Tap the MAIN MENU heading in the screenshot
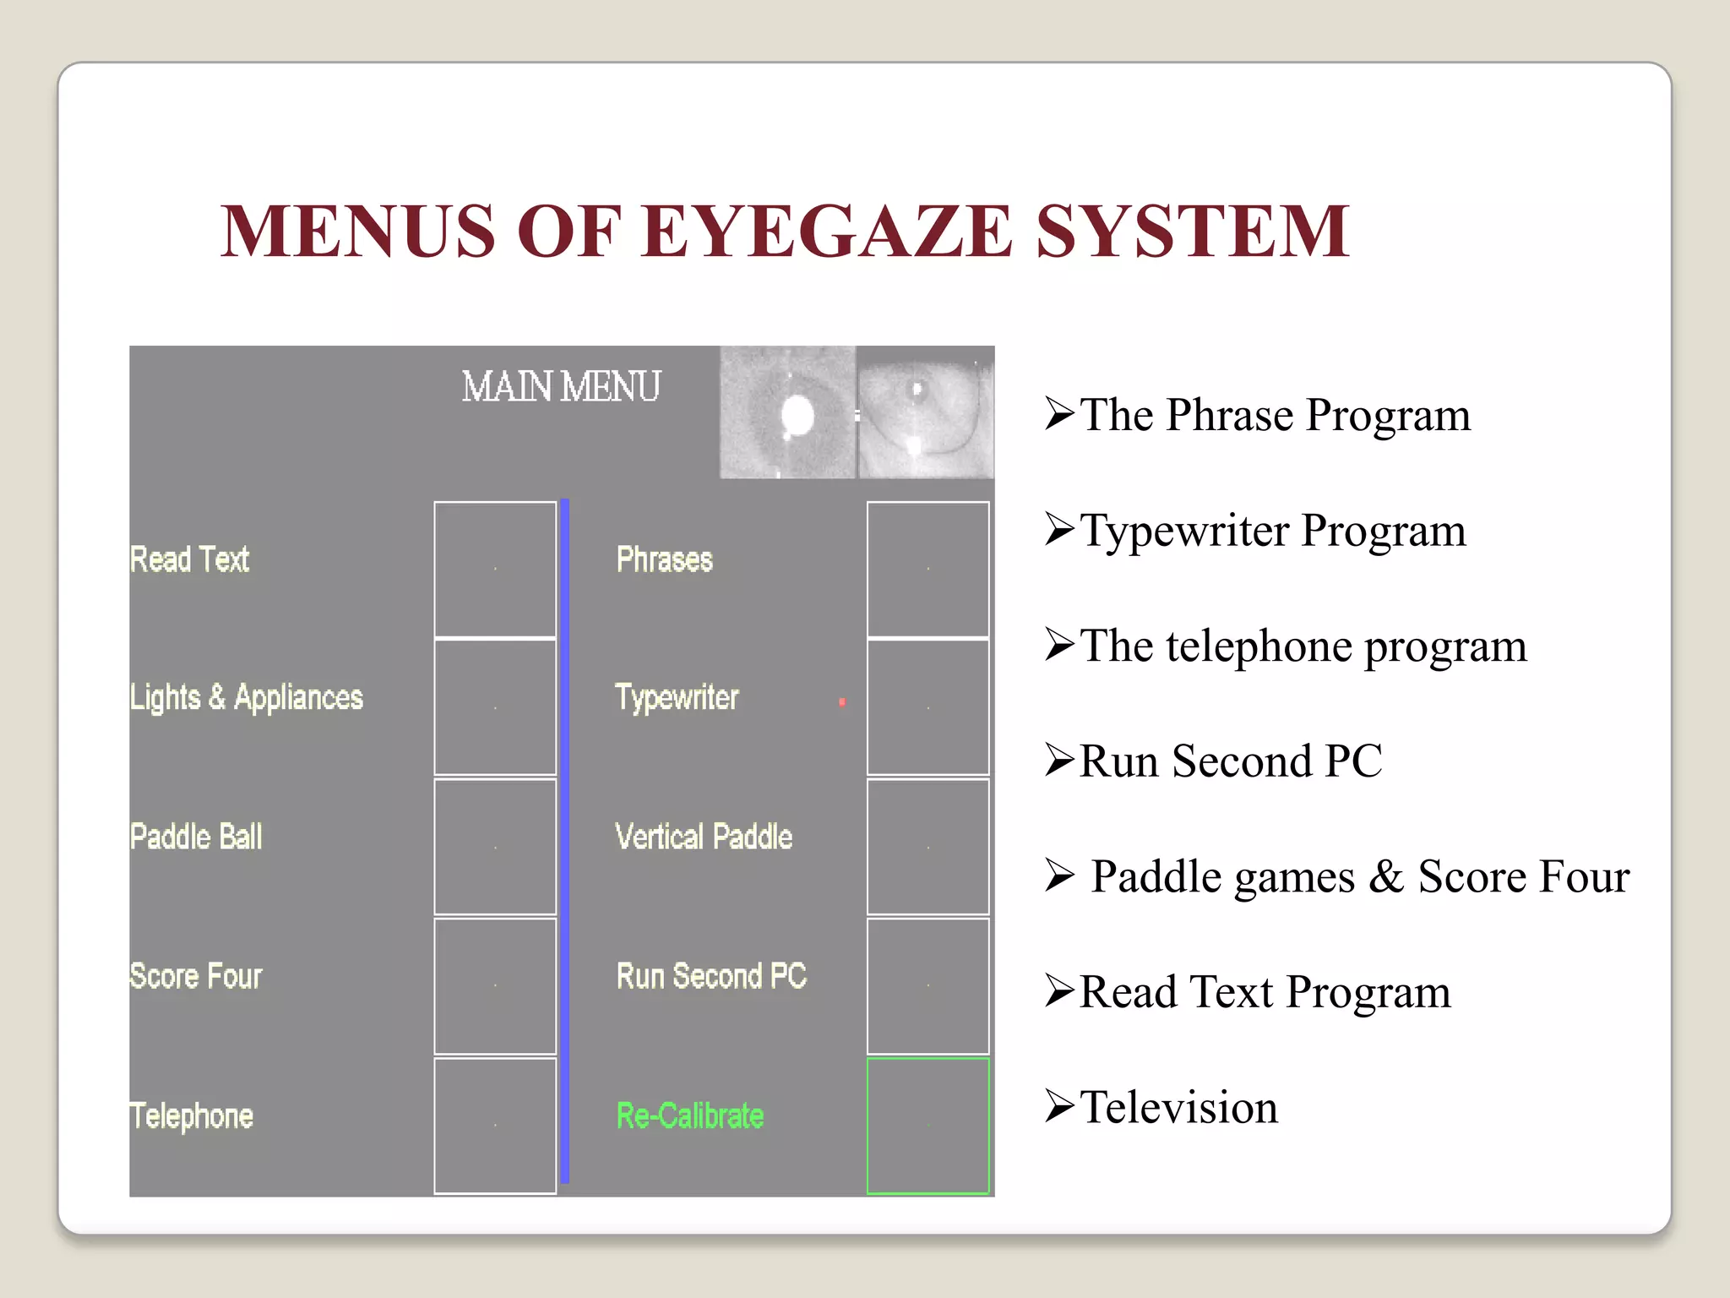[x=561, y=387]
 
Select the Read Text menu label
[x=189, y=559]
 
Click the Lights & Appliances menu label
[x=247, y=698]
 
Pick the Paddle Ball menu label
[x=196, y=837]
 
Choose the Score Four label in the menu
[x=196, y=976]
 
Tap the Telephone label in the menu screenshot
[x=192, y=1115]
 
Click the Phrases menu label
[x=665, y=559]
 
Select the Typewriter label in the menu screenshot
[x=677, y=698]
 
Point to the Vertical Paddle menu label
[x=704, y=837]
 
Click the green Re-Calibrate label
[x=690, y=1115]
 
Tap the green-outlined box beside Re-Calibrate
[x=928, y=1126]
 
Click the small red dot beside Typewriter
[x=842, y=701]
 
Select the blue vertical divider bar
[x=565, y=841]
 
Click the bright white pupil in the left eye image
[x=797, y=415]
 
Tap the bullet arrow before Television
[x=1059, y=1106]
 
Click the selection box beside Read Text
[x=495, y=569]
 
